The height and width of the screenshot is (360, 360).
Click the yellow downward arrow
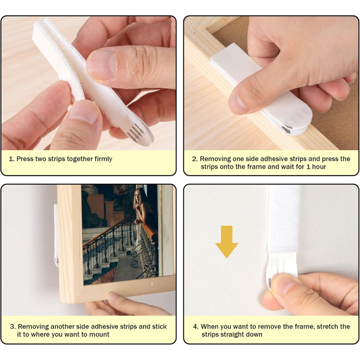227,241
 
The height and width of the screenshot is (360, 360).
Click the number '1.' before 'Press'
11,159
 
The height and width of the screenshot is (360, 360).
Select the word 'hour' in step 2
319,167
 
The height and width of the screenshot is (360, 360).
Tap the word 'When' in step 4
210,327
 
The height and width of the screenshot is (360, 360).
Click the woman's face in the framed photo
138,196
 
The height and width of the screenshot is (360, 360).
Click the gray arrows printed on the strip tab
136,133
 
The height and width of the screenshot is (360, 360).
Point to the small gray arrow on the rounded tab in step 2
286,130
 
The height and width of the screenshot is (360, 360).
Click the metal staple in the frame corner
192,29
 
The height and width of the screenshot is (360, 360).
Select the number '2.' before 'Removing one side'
195,159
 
